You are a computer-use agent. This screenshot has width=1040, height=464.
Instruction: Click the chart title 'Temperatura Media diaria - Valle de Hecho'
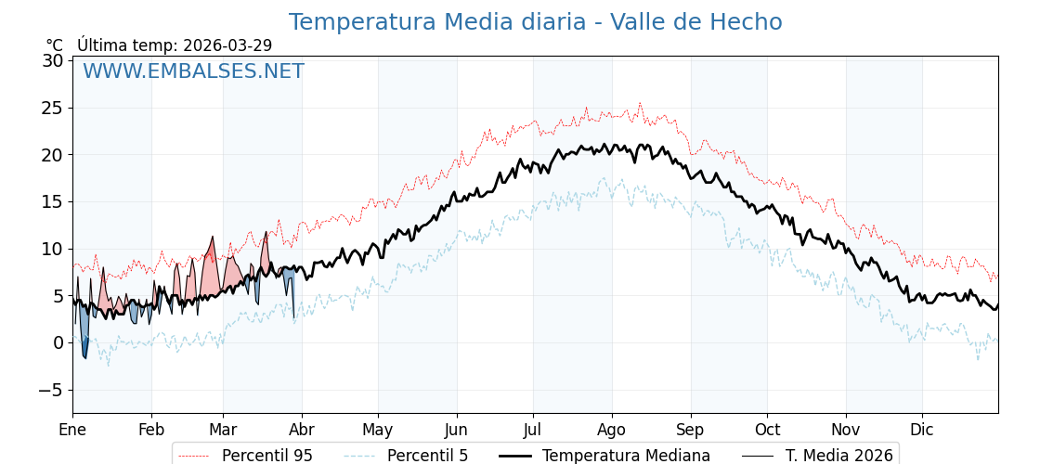[535, 22]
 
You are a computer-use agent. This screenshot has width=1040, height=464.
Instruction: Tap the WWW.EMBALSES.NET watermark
[193, 71]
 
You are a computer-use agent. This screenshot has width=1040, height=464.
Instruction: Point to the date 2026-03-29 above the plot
[227, 45]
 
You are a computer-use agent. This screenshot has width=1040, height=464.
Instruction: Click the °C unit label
[55, 45]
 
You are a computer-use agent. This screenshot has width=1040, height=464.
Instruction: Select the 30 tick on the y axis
[52, 61]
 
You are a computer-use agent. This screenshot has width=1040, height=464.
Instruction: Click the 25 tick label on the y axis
[52, 108]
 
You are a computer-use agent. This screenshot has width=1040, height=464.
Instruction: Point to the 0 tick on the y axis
[58, 342]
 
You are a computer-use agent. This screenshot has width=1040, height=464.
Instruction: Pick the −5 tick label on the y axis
[50, 390]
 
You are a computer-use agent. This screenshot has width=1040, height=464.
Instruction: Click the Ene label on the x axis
[72, 430]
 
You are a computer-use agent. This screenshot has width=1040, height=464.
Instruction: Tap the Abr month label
[302, 430]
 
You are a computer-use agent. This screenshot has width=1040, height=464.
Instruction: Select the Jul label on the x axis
[533, 430]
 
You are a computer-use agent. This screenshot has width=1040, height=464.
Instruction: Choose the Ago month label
[612, 430]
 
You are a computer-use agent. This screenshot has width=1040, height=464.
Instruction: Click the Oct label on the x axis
[767, 430]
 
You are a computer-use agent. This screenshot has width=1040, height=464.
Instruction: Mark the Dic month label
[922, 430]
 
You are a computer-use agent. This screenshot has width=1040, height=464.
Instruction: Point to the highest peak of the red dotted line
[640, 103]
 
